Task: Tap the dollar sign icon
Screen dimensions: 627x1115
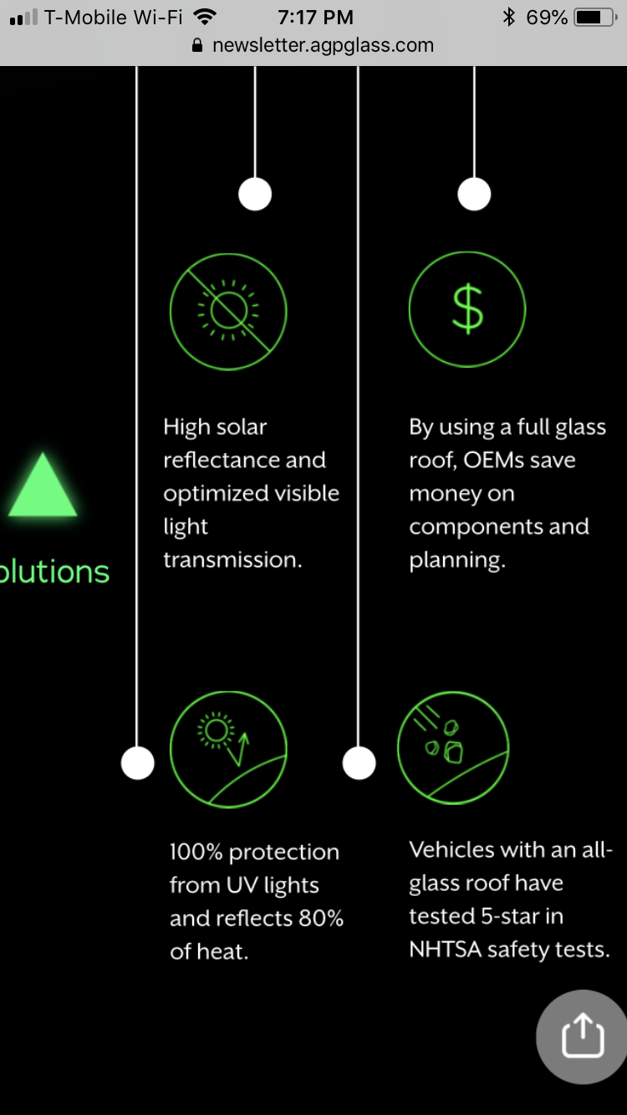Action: tap(467, 309)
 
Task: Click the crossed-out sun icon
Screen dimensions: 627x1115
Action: tap(228, 312)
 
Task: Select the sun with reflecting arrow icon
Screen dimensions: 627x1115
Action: tap(228, 749)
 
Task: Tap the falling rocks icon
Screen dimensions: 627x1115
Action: tap(453, 747)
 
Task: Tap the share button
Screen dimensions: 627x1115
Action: tap(582, 1037)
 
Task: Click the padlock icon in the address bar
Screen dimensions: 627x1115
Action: tap(197, 45)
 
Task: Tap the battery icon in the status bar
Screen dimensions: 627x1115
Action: tap(595, 18)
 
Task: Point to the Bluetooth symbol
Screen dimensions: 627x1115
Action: tap(508, 18)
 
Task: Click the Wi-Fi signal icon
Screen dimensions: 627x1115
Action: tap(205, 18)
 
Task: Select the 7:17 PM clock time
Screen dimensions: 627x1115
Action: tap(316, 18)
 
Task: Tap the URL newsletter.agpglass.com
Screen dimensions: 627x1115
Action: tap(324, 45)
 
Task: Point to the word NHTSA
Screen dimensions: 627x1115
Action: tap(446, 949)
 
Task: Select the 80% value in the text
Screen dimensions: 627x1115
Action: tap(321, 919)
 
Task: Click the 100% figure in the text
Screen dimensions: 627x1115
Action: tap(196, 852)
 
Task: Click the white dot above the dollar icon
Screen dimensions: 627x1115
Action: tap(474, 194)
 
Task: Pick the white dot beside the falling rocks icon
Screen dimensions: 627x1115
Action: tap(359, 763)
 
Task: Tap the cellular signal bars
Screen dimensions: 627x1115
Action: tap(23, 18)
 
